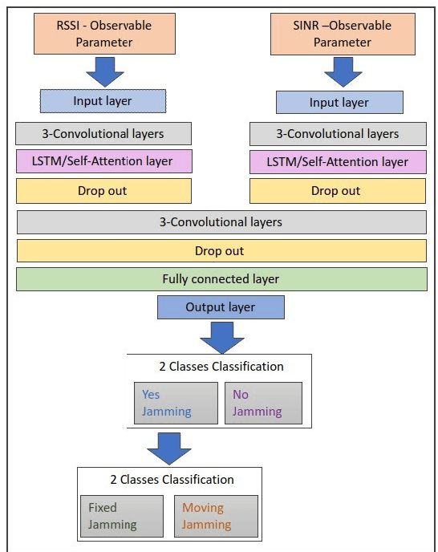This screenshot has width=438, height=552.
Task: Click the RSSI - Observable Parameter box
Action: (103, 33)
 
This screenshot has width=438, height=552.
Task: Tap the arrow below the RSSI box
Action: (103, 71)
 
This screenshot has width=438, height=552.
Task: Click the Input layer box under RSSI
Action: (103, 101)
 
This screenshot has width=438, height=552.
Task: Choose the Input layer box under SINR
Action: (339, 103)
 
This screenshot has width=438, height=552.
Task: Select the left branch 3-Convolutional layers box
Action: (103, 133)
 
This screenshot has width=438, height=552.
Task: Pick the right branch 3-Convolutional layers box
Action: (338, 133)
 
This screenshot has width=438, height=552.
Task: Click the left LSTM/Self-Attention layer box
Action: (103, 161)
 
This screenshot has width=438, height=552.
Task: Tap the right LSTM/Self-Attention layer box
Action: (338, 161)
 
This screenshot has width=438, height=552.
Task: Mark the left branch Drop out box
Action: (103, 191)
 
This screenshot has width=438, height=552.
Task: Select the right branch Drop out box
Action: (338, 191)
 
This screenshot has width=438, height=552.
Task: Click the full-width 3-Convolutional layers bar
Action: (221, 221)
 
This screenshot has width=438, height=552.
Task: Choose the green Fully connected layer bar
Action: (221, 278)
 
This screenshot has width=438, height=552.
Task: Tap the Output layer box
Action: (221, 307)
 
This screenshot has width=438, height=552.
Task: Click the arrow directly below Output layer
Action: (221, 337)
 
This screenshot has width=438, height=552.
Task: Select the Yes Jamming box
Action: (176, 403)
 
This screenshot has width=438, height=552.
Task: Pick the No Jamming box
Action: (262, 403)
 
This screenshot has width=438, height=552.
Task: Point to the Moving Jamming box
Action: (216, 516)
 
